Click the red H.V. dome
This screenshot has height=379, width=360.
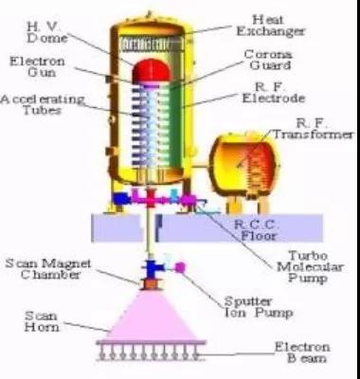pos(152,70)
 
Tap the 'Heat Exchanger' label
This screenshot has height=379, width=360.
pos(271,26)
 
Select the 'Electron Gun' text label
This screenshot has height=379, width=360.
pos(37,66)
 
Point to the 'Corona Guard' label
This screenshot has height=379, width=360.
pos(268,60)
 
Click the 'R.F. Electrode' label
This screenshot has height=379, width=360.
pos(274,93)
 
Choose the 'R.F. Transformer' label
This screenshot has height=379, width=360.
pos(313,129)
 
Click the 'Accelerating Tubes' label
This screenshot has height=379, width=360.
pos(43,105)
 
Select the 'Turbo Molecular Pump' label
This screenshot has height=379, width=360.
pos(310,267)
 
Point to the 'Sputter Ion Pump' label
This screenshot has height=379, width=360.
pos(258,307)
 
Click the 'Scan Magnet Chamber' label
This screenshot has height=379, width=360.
pos(48,269)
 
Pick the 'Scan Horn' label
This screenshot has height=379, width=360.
pos(42,321)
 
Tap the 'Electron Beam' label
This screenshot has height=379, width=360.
pos(302,352)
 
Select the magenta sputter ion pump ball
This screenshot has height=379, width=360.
pos(180,267)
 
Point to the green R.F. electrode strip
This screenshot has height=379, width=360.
pos(176,126)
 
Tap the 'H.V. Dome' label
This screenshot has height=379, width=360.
pos(47,32)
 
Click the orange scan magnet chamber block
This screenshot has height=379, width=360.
pos(151,283)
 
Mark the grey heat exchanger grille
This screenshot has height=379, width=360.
pos(152,45)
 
